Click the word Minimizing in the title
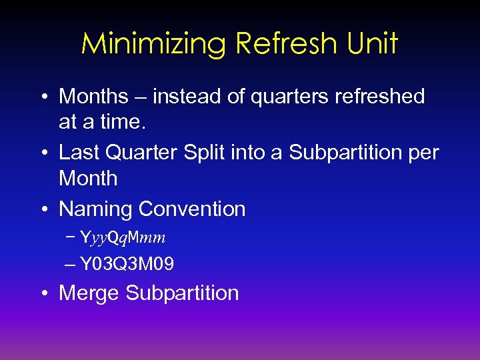coord(154,45)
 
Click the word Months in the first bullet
coord(93,97)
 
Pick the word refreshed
coord(382,97)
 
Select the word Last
coord(78,153)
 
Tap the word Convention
coord(192,209)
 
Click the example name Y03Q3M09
coord(127,265)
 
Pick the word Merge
coord(89,293)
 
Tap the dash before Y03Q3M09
coord(71,265)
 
